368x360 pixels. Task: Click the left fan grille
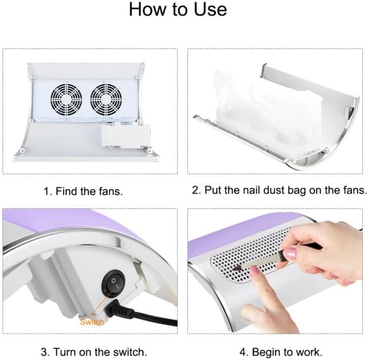click(66, 100)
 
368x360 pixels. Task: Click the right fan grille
click(106, 100)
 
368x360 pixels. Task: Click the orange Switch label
click(92, 322)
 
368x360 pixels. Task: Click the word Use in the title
click(210, 10)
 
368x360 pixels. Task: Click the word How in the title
click(149, 10)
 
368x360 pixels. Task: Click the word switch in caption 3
click(130, 352)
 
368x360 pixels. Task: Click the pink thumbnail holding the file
click(290, 253)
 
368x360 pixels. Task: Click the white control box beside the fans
click(126, 136)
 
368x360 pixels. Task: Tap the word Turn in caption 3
click(65, 352)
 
